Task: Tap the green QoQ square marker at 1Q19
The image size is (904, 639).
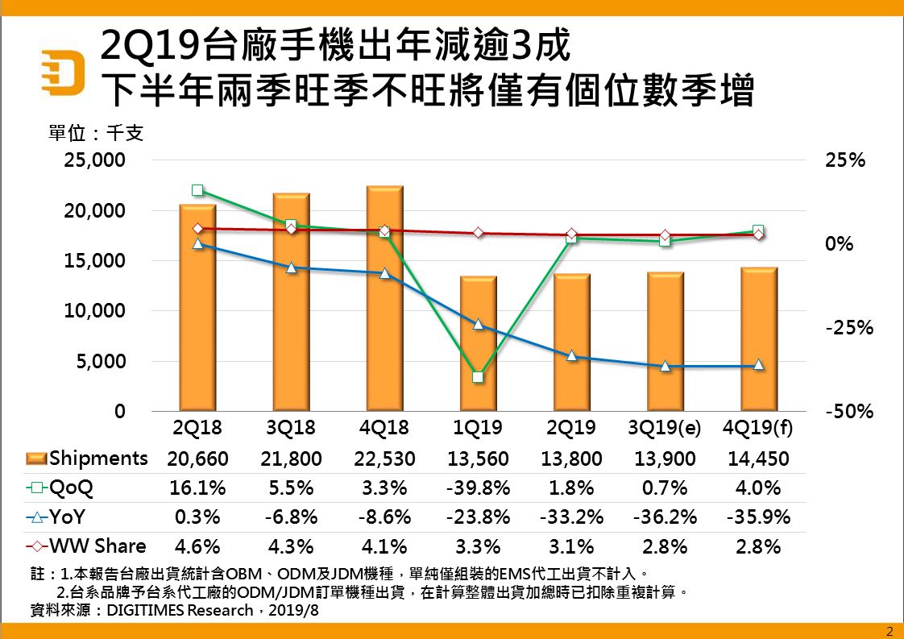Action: (478, 377)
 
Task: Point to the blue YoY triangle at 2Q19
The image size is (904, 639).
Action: (571, 355)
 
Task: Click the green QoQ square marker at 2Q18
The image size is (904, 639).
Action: (197, 191)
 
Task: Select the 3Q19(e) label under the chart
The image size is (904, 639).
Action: (665, 428)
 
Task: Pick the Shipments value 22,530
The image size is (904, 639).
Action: (384, 459)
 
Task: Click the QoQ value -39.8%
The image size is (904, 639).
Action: (478, 488)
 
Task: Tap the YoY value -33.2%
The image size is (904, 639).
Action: (571, 517)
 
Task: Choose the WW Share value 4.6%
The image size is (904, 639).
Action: (197, 546)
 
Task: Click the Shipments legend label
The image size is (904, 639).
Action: (98, 459)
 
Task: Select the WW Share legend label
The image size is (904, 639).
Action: (97, 546)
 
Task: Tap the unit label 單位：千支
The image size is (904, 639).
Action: (96, 133)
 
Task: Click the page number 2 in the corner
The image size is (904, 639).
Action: (889, 631)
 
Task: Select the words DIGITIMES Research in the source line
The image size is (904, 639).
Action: (186, 610)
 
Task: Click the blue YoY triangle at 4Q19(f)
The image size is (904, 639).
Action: (758, 365)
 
